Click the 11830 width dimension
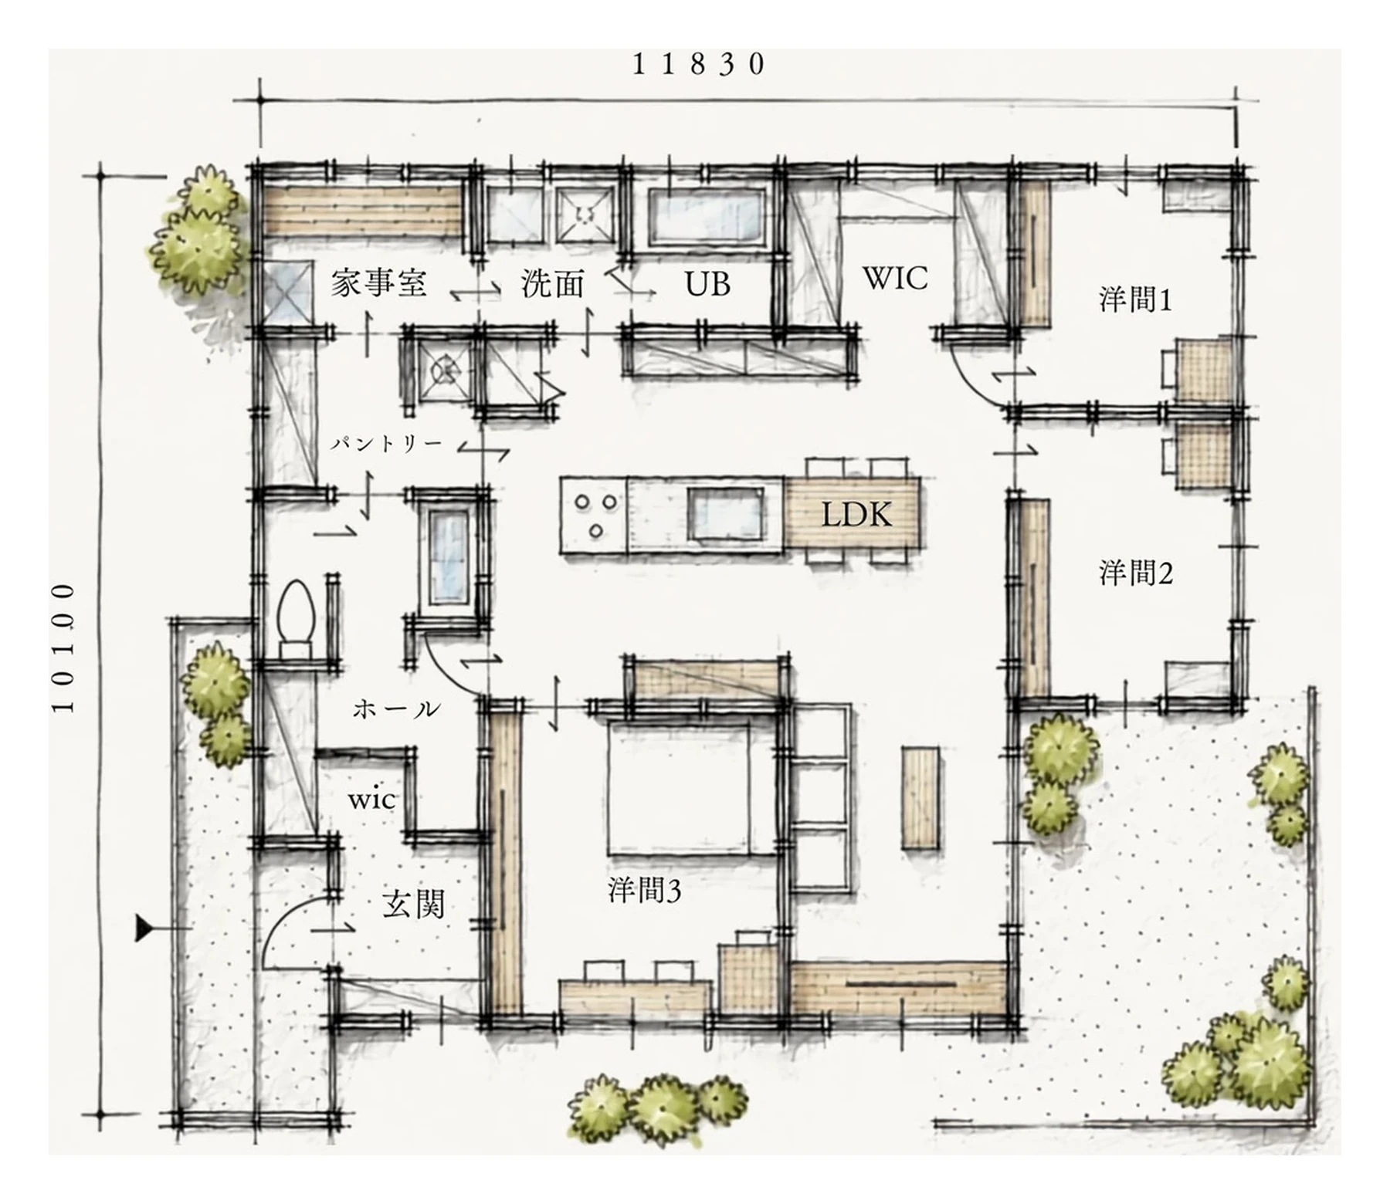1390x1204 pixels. (698, 64)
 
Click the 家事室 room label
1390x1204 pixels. (378, 283)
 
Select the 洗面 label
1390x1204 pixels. (553, 283)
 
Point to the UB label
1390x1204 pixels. (707, 284)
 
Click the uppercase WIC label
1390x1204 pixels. (895, 279)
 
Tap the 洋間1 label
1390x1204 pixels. (1135, 299)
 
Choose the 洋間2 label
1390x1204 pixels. (1135, 573)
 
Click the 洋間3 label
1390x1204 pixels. (644, 891)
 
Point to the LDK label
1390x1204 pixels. (856, 514)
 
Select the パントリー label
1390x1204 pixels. (386, 444)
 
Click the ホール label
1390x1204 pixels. (396, 709)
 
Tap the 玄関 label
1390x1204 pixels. (414, 904)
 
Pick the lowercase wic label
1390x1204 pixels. (371, 800)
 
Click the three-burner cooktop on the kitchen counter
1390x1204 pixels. (594, 515)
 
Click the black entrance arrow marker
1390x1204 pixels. (144, 928)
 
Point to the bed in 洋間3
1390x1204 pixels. (678, 788)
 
